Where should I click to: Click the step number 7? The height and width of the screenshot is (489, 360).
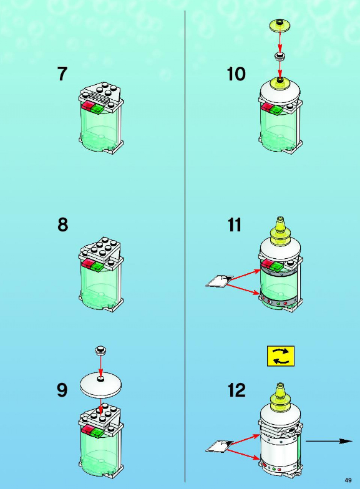pyautogui.click(x=62, y=74)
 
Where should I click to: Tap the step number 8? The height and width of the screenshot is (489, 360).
pyautogui.click(x=62, y=225)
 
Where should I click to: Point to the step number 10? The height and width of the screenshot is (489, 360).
pyautogui.click(x=236, y=74)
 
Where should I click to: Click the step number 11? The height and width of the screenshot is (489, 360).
pyautogui.click(x=235, y=225)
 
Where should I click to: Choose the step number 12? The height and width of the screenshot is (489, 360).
pyautogui.click(x=236, y=390)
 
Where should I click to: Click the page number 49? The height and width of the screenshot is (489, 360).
pyautogui.click(x=348, y=480)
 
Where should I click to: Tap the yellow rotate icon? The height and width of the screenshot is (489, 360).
pyautogui.click(x=281, y=356)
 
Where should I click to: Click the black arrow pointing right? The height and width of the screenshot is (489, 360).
pyautogui.click(x=329, y=441)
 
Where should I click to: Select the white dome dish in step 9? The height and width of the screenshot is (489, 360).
pyautogui.click(x=101, y=385)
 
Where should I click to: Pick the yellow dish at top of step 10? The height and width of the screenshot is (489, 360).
pyautogui.click(x=280, y=26)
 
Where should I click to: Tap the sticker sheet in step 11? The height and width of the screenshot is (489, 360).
pyautogui.click(x=220, y=281)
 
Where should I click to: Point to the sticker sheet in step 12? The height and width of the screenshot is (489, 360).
pyautogui.click(x=220, y=446)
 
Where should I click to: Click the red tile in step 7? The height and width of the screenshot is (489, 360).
pyautogui.click(x=87, y=106)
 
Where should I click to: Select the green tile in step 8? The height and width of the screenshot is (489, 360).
pyautogui.click(x=97, y=267)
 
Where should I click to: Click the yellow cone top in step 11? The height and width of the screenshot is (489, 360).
pyautogui.click(x=280, y=231)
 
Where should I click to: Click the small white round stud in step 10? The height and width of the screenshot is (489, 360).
pyautogui.click(x=280, y=56)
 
